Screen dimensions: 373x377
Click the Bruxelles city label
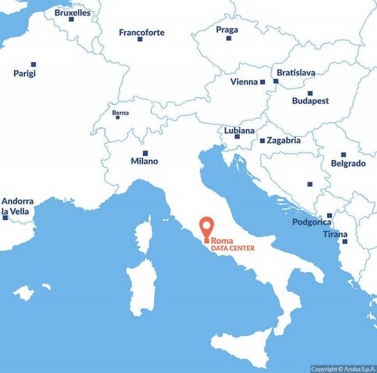[72, 12]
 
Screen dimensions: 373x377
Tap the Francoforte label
[142, 32]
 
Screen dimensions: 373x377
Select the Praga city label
[227, 30]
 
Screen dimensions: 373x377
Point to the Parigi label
[25, 73]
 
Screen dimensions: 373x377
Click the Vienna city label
[245, 82]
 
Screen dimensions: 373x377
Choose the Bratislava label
[296, 72]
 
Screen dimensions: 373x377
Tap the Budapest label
[310, 100]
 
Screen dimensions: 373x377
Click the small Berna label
[121, 114]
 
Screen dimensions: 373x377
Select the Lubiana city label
[238, 131]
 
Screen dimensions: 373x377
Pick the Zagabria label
[284, 141]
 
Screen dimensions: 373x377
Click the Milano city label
[144, 161]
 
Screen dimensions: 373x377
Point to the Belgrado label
[348, 163]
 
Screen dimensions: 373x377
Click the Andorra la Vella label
[16, 205]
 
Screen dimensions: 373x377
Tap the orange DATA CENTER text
[232, 249]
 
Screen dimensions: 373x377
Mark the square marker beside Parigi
[33, 64]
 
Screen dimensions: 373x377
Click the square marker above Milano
[145, 153]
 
